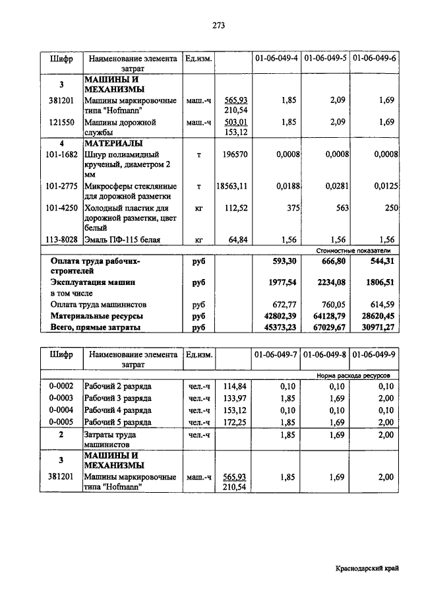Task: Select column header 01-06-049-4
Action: tap(277, 59)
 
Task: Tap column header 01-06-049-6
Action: tap(375, 59)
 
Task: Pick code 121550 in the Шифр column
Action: tap(60, 122)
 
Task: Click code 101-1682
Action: tap(60, 154)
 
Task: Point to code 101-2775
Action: tap(60, 187)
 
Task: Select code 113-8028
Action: tap(60, 240)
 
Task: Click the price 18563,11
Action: tap(232, 187)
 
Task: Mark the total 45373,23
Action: tap(280, 327)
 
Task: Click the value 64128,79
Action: tap(328, 316)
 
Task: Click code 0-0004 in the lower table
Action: tap(60, 409)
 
